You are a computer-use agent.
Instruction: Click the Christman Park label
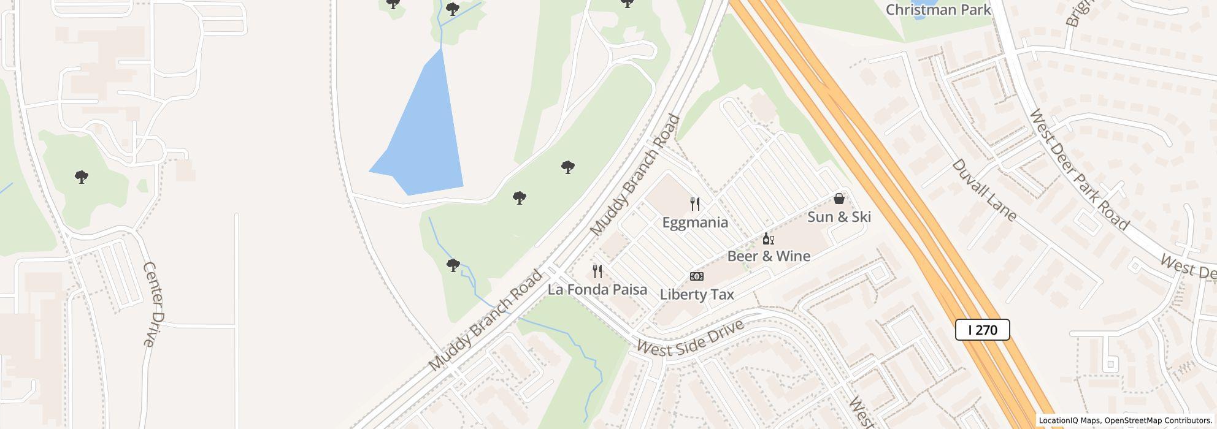(x=938, y=10)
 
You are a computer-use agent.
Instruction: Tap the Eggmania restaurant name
(x=695, y=222)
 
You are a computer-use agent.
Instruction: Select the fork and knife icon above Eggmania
(x=695, y=203)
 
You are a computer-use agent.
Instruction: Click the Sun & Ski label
(x=839, y=217)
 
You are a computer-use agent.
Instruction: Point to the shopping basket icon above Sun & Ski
(x=839, y=199)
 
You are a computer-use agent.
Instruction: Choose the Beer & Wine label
(x=769, y=256)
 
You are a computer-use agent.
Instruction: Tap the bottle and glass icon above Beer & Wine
(x=768, y=239)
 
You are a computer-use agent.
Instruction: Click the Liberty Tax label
(x=697, y=295)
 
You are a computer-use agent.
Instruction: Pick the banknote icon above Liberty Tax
(x=697, y=276)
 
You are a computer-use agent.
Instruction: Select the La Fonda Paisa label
(x=597, y=289)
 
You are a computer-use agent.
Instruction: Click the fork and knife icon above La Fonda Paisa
(x=597, y=271)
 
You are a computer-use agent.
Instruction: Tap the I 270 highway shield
(x=982, y=330)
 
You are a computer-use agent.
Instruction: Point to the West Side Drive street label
(x=690, y=338)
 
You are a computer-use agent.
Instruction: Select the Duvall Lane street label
(x=984, y=190)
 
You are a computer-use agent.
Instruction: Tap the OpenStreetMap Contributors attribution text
(x=1157, y=420)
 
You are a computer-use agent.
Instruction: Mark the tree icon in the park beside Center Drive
(x=81, y=178)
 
